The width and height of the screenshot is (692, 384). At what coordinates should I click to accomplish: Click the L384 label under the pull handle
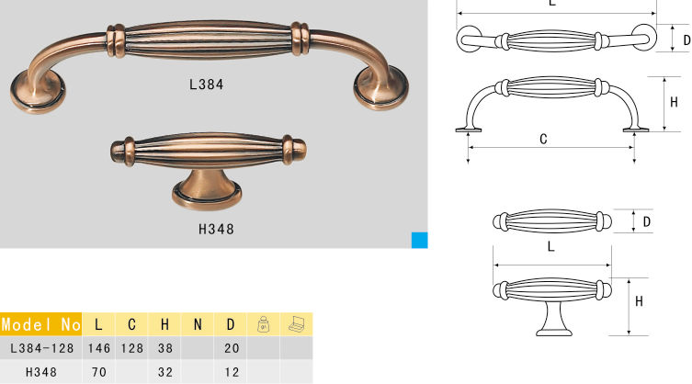tap(206, 85)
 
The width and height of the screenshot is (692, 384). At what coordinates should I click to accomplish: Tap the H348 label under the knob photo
tap(216, 229)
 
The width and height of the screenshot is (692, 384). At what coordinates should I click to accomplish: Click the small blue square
tap(419, 240)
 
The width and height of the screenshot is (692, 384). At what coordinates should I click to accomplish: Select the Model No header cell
tap(40, 324)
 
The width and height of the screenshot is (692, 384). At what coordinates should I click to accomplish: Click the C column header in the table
tap(131, 325)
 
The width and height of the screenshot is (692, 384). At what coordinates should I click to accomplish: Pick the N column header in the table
tap(198, 325)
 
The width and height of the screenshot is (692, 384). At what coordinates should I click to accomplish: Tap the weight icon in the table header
tap(264, 324)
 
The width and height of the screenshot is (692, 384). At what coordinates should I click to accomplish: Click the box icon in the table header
tap(297, 324)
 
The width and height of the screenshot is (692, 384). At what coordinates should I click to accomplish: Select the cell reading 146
tap(99, 348)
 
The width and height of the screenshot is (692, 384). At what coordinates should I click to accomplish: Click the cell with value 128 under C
tap(132, 348)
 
